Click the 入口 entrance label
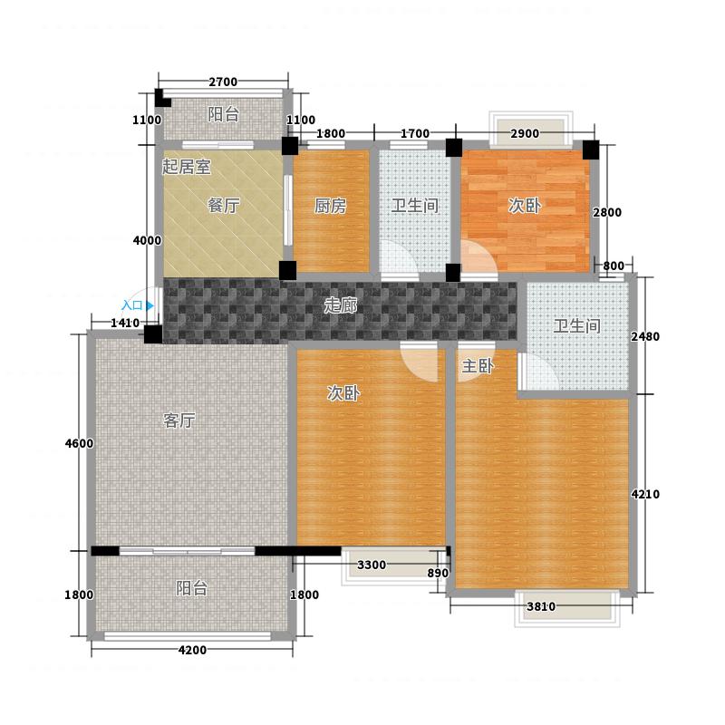coord(131,305)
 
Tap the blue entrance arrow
coord(150,305)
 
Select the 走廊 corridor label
coord(341,305)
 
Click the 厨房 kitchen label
coord(330,206)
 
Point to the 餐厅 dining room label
coord(224,206)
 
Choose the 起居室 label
coord(186,167)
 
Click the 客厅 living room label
coord(179,420)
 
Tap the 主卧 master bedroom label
coord(478,366)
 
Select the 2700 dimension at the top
coord(223,82)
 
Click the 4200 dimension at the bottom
coord(192,650)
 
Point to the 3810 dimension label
coord(541,606)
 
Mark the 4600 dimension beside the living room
coord(79,443)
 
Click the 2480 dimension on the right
coord(645,336)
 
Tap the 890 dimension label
coord(438,574)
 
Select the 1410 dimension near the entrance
coord(125,323)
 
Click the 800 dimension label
coord(614,266)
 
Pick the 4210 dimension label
coord(645,494)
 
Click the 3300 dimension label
coord(372,565)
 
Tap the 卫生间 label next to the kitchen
coord(415,206)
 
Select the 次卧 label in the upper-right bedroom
coord(525,206)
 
